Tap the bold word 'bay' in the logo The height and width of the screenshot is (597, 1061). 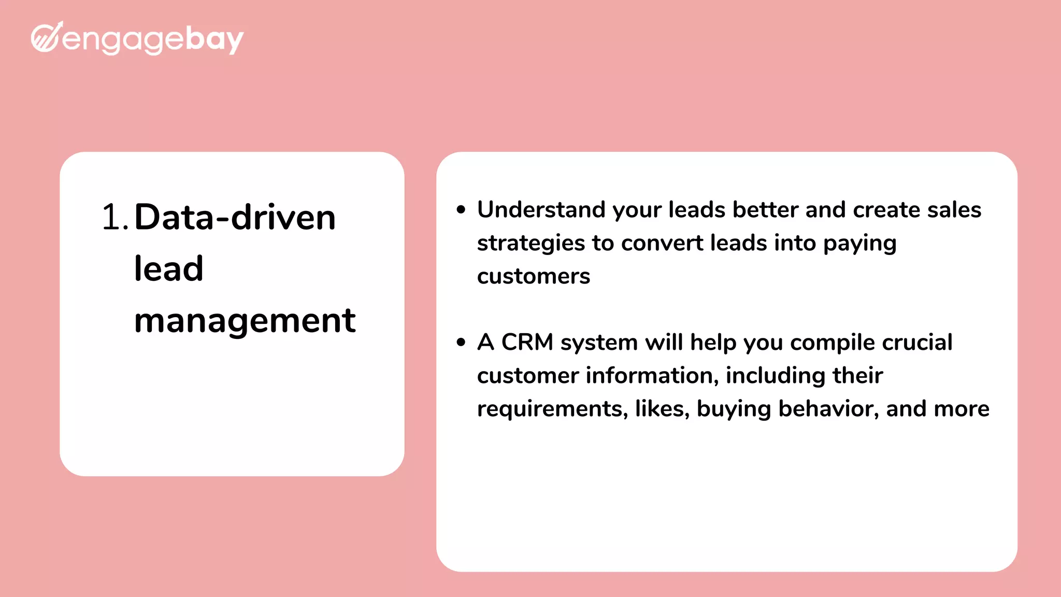214,39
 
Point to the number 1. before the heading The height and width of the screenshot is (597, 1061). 114,217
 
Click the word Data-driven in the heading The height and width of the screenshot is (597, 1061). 235,217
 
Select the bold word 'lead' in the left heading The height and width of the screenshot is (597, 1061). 168,268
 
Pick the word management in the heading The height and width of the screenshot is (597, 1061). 245,320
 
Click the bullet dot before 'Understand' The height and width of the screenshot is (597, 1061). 461,210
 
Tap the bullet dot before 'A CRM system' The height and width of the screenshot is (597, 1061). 461,343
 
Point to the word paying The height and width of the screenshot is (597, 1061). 859,244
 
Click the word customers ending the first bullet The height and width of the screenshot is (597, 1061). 534,276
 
